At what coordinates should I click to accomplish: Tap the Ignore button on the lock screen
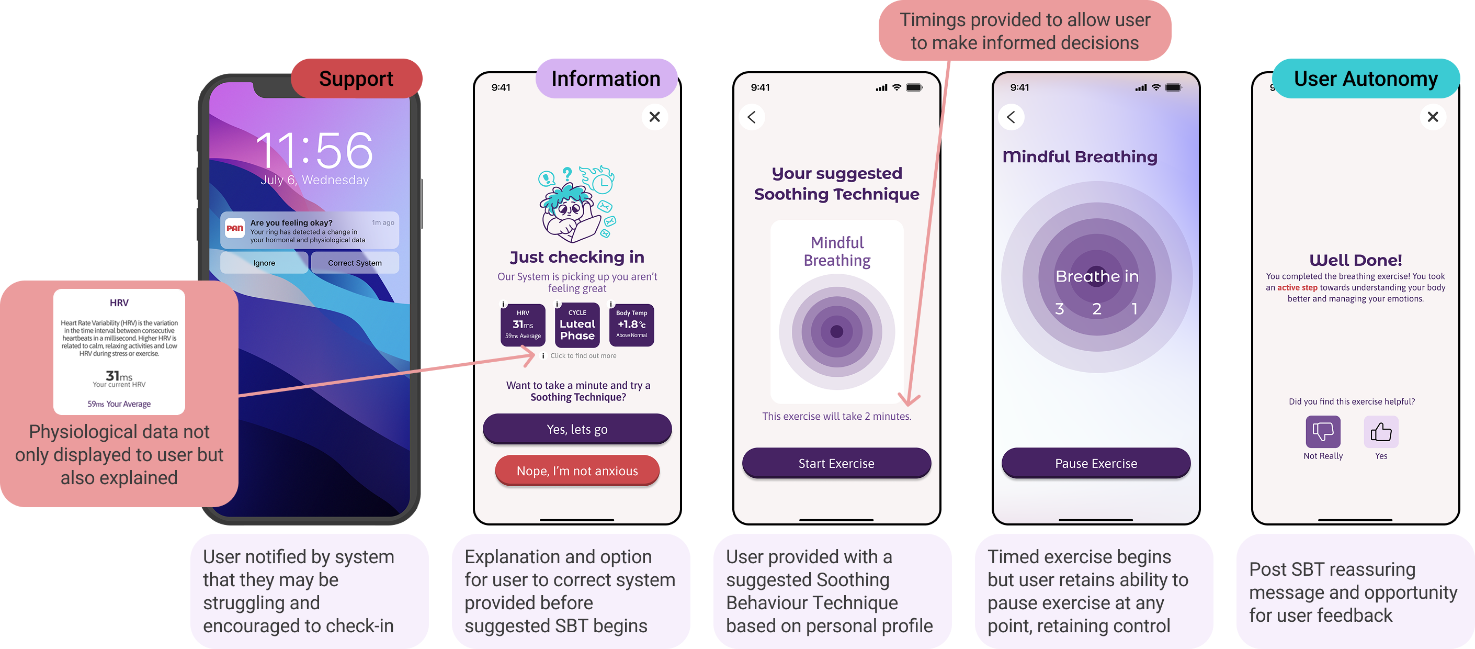point(264,263)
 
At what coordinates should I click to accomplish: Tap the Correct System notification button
point(355,263)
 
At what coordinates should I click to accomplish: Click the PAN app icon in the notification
point(235,228)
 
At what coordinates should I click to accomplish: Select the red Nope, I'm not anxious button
point(577,471)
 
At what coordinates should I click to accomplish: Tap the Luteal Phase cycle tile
point(577,326)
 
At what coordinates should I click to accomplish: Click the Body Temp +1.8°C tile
point(631,326)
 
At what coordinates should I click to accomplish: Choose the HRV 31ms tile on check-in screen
point(523,326)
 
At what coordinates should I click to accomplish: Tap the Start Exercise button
point(836,463)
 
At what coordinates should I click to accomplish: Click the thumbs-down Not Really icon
point(1323,432)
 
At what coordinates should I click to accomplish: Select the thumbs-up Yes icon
point(1381,432)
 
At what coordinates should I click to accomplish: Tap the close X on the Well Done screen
point(1433,117)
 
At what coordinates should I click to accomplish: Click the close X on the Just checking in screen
point(654,117)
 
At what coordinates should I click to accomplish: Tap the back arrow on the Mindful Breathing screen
point(1011,117)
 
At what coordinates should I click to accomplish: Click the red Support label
point(356,79)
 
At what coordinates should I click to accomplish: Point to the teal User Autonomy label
point(1366,79)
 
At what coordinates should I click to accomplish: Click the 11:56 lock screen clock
point(314,151)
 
